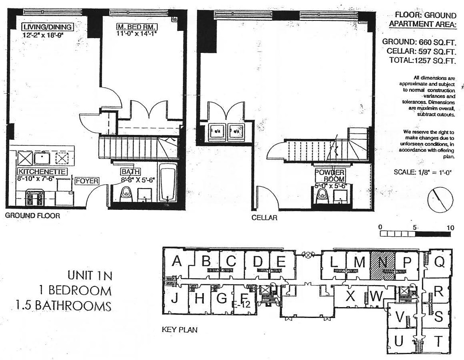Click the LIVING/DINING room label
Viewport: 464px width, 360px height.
pyautogui.click(x=48, y=27)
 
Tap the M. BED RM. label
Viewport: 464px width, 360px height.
pyautogui.click(x=137, y=27)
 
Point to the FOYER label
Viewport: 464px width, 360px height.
pyautogui.click(x=87, y=181)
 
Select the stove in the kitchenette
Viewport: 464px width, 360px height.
pyautogui.click(x=34, y=197)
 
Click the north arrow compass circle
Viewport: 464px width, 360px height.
pyautogui.click(x=440, y=200)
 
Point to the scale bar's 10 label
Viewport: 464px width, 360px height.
pyautogui.click(x=451, y=228)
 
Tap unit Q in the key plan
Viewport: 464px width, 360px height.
pyautogui.click(x=440, y=262)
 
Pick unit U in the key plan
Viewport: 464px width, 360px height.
pyautogui.click(x=398, y=342)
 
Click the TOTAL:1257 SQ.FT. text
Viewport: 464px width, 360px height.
pyautogui.click(x=423, y=61)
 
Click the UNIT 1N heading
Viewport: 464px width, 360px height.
pyautogui.click(x=90, y=276)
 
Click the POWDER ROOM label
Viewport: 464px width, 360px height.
pyautogui.click(x=329, y=175)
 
